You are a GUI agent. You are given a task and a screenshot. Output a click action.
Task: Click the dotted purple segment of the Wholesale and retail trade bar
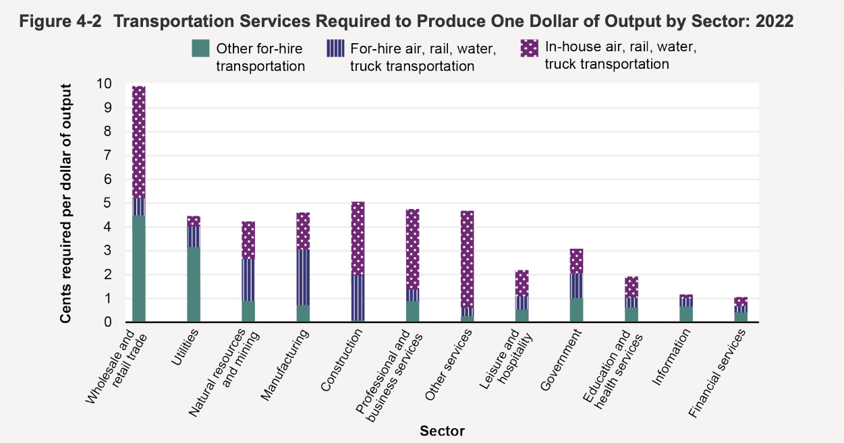(138, 142)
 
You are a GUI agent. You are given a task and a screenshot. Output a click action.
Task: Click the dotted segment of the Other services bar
(467, 259)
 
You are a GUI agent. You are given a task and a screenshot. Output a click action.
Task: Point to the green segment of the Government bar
(576, 310)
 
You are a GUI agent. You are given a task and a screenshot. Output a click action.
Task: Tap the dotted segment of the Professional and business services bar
(412, 249)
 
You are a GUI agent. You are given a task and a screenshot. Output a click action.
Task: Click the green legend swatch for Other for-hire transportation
(202, 49)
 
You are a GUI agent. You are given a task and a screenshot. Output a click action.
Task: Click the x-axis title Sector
(442, 431)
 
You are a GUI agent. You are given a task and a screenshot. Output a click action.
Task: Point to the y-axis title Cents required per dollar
(67, 203)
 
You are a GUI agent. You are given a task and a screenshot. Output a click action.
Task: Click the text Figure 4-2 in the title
(60, 22)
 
